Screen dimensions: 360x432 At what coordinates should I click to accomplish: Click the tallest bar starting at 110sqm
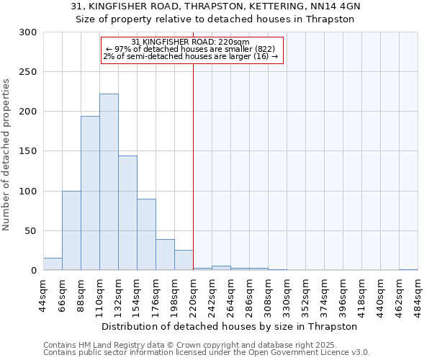click(109, 182)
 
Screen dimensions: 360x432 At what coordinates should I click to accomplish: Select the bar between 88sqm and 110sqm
click(90, 193)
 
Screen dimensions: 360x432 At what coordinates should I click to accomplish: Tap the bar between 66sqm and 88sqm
click(71, 230)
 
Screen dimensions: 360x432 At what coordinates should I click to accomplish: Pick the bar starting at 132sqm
click(127, 213)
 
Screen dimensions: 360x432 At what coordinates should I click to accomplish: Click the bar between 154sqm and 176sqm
click(146, 235)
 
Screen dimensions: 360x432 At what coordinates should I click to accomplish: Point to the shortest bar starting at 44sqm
click(53, 264)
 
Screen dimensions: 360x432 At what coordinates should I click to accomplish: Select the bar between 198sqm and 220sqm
click(184, 260)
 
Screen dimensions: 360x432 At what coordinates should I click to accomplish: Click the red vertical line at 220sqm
click(193, 166)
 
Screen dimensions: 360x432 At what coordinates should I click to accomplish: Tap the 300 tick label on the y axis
click(28, 32)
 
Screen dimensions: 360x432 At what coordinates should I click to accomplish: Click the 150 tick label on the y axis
click(28, 152)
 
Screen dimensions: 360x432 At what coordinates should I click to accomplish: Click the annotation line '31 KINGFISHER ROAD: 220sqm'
click(191, 42)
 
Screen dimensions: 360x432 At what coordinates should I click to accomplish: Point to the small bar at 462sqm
click(408, 269)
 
